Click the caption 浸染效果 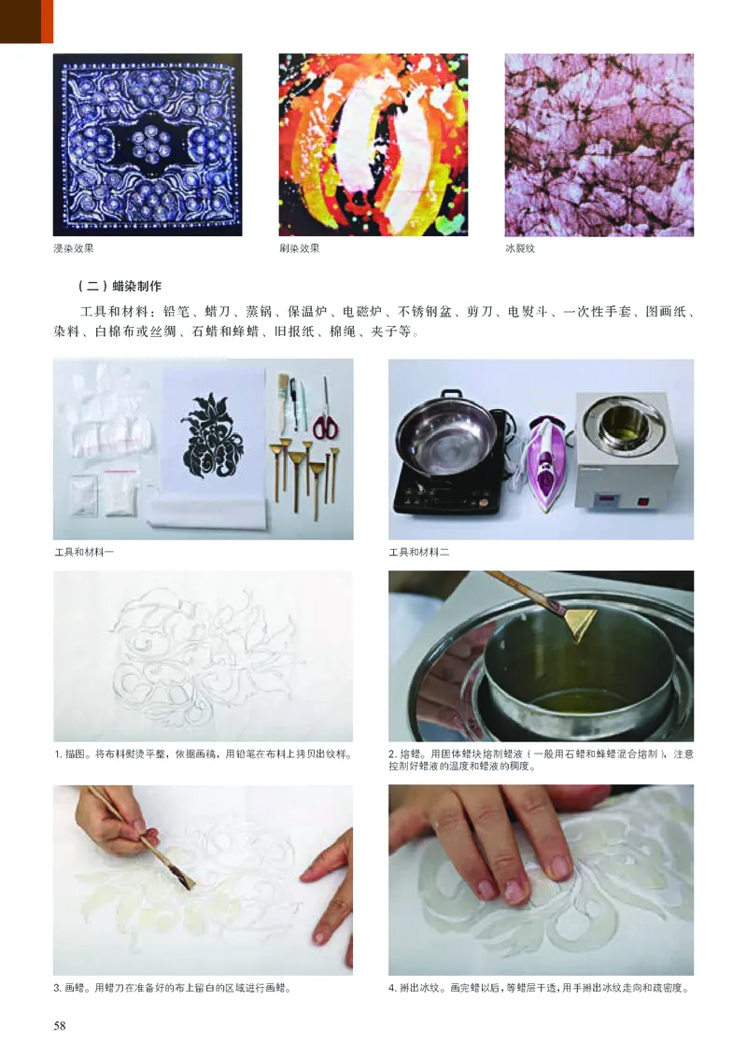coord(74,249)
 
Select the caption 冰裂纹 coord(519,249)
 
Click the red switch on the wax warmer coord(642,500)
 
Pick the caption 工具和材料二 coord(419,553)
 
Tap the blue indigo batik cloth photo coord(148,145)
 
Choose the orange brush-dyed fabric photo coord(373,145)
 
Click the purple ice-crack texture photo coord(599,145)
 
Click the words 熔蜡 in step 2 coord(410,754)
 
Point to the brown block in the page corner coord(26,21)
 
